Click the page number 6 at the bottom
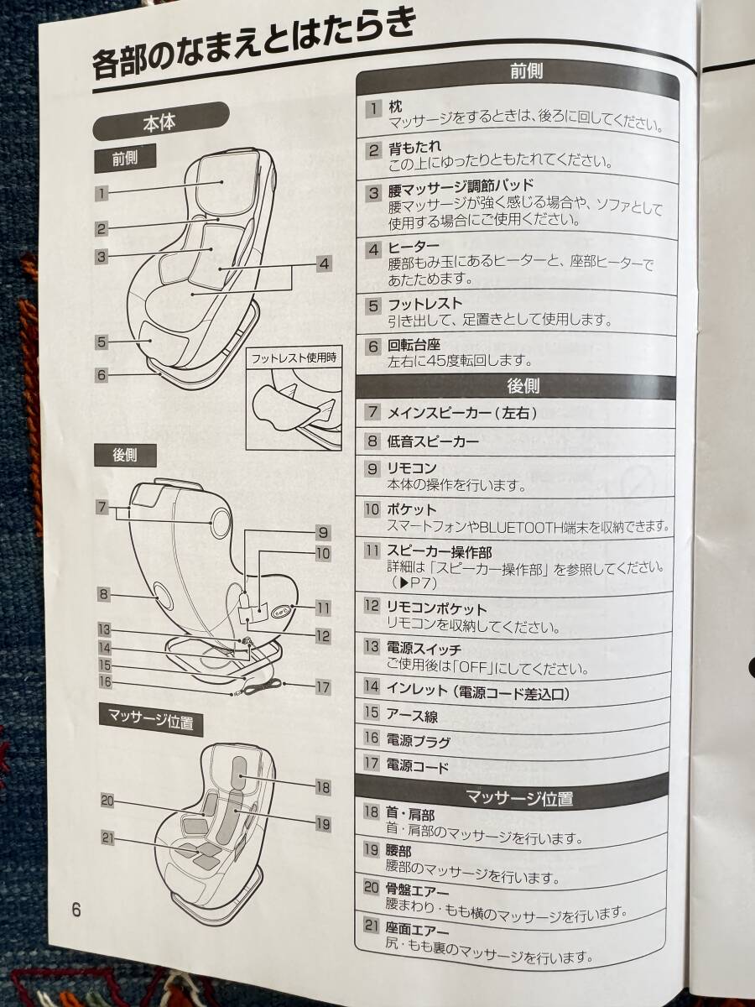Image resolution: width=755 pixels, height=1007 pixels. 76,910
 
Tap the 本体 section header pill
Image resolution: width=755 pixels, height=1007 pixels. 160,122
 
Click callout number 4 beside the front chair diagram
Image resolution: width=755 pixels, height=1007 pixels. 324,263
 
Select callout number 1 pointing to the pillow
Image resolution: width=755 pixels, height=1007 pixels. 102,192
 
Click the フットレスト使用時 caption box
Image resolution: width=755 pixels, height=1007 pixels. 294,357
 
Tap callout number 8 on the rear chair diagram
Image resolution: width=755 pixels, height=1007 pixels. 103,595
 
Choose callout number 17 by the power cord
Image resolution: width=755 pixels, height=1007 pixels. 323,687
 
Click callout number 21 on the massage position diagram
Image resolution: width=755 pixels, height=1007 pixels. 107,838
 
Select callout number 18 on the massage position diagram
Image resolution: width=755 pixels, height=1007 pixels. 323,788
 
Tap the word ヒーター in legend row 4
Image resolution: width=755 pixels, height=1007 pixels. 414,248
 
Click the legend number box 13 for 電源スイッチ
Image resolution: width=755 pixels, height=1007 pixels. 372,647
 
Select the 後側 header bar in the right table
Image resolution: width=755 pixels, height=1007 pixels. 516,387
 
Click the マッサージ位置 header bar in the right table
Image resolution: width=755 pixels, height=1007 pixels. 514,799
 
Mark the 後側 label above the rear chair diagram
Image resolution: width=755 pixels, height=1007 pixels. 125,456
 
